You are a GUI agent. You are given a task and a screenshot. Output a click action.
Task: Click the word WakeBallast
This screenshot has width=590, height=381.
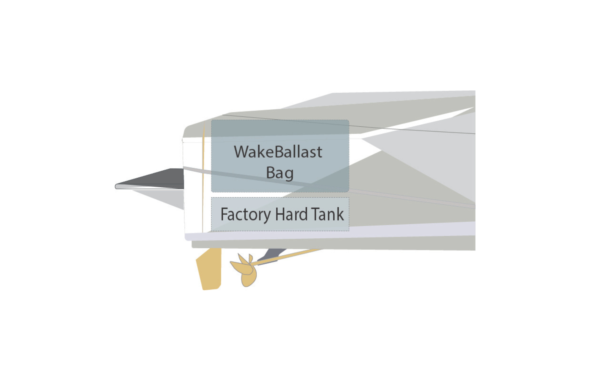(278, 152)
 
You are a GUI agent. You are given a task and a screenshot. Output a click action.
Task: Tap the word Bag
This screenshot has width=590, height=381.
(280, 173)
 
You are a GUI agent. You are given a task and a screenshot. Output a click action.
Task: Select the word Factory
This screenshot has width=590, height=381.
(245, 214)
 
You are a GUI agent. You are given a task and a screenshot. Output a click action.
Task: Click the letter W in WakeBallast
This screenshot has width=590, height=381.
(241, 152)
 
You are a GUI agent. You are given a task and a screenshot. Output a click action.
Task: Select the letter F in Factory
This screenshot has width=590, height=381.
(224, 214)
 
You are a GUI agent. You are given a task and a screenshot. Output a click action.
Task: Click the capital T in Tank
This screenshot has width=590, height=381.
(315, 214)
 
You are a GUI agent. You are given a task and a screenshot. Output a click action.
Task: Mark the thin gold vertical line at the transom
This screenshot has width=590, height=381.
(203, 183)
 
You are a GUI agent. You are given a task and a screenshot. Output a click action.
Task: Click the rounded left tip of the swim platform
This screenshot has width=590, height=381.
(117, 186)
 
